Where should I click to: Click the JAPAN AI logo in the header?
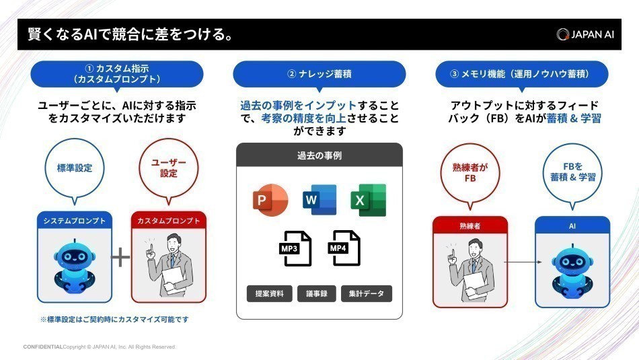coord(585,34)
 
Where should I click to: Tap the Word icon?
coord(319,199)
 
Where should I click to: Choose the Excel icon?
coord(368,199)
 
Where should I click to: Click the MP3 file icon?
coord(294,248)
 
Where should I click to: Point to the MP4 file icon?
coord(344,248)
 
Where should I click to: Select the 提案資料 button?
coord(269,293)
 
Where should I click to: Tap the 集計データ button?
coord(367,293)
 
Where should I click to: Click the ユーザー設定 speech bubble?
coord(169,168)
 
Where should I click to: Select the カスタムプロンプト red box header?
coord(169,220)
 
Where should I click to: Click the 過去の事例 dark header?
coord(319,155)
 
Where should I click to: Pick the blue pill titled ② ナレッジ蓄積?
coord(319,73)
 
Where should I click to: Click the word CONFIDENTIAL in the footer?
coord(43,347)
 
